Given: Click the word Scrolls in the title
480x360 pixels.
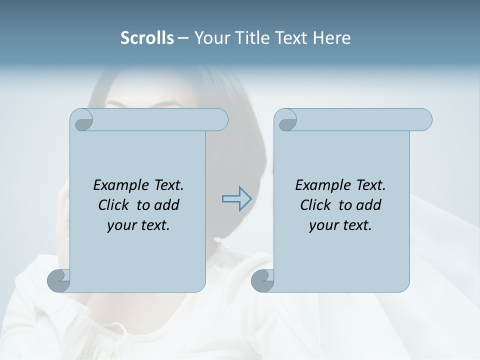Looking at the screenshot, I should [x=147, y=38].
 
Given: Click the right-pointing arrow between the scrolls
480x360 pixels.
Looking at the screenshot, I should [x=237, y=199].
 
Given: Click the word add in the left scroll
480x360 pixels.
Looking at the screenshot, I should [x=166, y=205].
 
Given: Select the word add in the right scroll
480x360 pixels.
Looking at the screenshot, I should [x=368, y=205].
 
